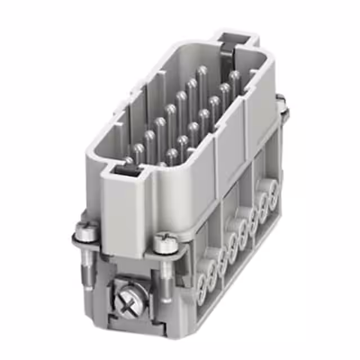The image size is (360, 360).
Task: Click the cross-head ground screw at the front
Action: pos(128,301)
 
